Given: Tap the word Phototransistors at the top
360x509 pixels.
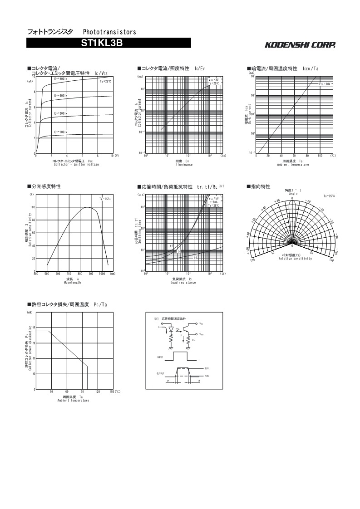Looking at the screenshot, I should pyautogui.click(x=109, y=32).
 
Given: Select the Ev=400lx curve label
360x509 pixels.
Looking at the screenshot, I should pyautogui.click(x=61, y=79).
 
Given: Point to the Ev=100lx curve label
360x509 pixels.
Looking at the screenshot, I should pyautogui.click(x=61, y=132).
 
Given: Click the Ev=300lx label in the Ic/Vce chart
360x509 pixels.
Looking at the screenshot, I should pyautogui.click(x=61, y=96).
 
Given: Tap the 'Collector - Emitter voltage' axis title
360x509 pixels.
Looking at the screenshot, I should pyautogui.click(x=76, y=164).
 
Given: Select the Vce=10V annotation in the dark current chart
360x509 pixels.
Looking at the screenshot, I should pyautogui.click(x=325, y=84).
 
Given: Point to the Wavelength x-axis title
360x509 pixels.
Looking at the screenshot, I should pyautogui.click(x=73, y=282).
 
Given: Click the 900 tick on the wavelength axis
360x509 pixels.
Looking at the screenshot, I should pyautogui.click(x=91, y=274).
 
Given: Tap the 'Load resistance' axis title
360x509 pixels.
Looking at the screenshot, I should pyautogui.click(x=183, y=282).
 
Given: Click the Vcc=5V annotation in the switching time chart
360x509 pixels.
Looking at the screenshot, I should pyautogui.click(x=214, y=198).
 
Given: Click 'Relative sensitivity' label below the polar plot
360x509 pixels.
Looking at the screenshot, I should pyautogui.click(x=295, y=259).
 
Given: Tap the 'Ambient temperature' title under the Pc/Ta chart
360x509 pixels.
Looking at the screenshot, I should pyautogui.click(x=73, y=401).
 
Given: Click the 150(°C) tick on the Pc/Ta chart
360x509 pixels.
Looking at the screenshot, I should pyautogui.click(x=114, y=391).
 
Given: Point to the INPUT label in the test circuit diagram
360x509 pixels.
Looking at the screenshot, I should pyautogui.click(x=160, y=357).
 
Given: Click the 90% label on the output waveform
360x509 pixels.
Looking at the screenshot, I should pyautogui.click(x=207, y=368).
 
